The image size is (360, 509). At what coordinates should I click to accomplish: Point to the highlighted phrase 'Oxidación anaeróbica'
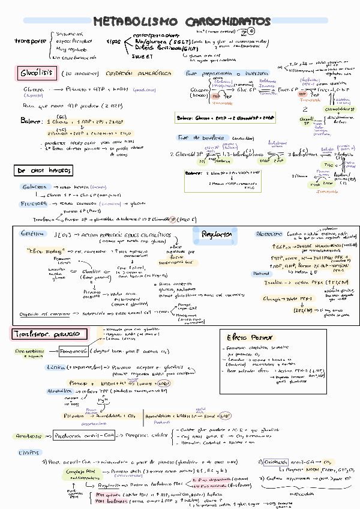click(139, 73)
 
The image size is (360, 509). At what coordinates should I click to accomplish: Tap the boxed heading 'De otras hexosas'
click(43, 171)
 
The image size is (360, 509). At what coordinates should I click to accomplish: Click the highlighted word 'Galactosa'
click(34, 187)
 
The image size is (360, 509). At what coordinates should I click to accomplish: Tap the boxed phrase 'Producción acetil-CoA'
click(83, 436)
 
